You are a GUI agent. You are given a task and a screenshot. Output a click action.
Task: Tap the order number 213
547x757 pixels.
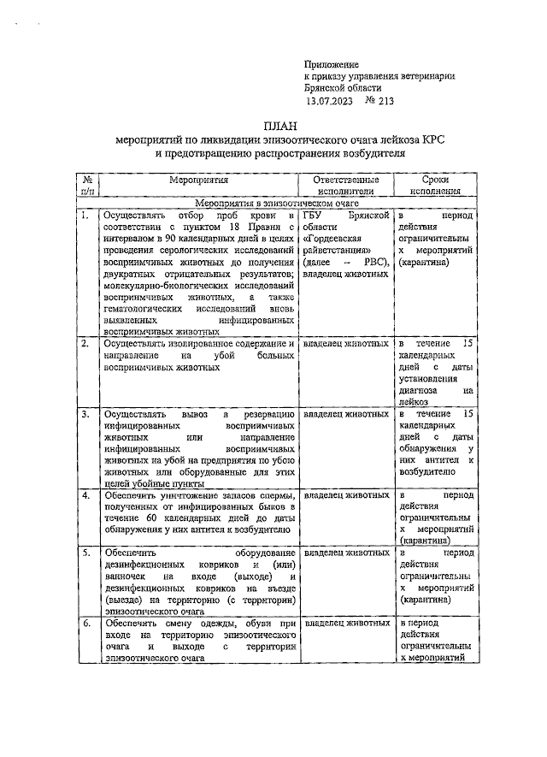click(386, 100)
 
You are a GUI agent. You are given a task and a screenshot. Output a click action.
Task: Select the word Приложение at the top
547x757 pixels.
click(332, 64)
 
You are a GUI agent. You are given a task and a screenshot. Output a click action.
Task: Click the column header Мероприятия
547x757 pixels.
click(198, 180)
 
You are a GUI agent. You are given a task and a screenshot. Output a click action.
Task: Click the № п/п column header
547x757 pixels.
click(87, 186)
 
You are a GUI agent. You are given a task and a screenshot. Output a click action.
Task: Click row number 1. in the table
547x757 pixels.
click(85, 216)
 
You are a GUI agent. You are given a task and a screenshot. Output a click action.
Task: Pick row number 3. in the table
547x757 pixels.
click(85, 414)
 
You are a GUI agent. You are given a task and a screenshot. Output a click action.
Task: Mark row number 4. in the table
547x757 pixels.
click(85, 496)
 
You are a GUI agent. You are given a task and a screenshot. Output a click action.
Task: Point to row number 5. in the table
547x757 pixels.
click(85, 554)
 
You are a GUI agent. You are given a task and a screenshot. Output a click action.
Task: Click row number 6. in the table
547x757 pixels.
click(85, 624)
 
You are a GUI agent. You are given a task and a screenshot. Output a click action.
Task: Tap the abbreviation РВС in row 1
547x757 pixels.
click(373, 262)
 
